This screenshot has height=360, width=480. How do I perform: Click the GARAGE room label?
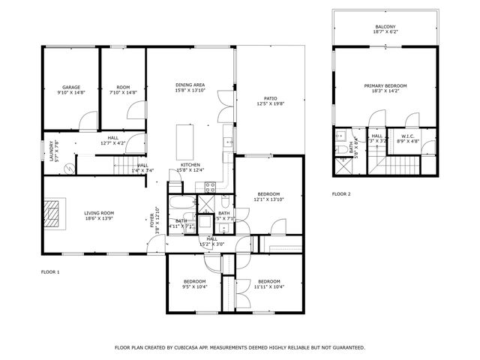(x=71, y=87)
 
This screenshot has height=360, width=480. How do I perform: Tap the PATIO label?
(x=271, y=98)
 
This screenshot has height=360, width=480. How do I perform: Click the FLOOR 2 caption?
(x=341, y=194)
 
